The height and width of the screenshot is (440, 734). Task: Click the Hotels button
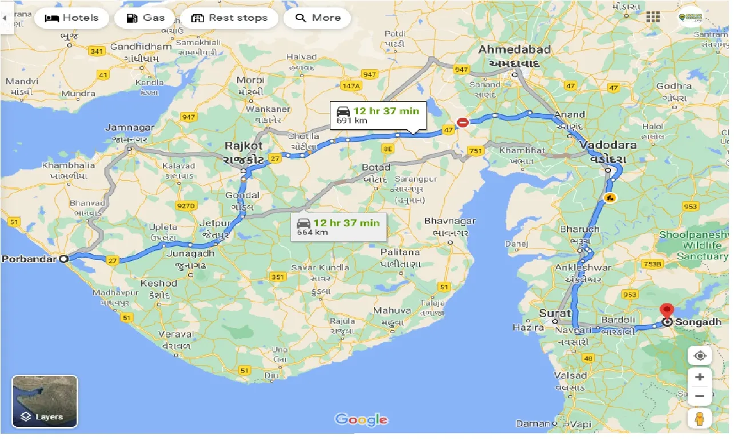[x=71, y=18]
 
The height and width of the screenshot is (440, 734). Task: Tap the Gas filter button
[x=145, y=18]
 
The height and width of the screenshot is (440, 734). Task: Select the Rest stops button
[x=229, y=18]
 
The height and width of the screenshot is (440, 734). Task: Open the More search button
[x=317, y=18]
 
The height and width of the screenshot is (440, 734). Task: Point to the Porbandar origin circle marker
[x=64, y=258]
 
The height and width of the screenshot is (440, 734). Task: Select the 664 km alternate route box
[x=338, y=227]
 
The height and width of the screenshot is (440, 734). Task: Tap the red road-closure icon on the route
[x=462, y=122]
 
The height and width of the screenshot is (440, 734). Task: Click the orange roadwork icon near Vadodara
[x=610, y=198]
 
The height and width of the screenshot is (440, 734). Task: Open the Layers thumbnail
[x=45, y=401]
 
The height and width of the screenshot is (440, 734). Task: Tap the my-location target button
[x=700, y=355]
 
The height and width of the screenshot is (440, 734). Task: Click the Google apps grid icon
[x=652, y=17]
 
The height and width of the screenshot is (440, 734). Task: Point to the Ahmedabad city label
[x=514, y=50]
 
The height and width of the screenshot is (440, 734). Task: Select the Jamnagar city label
[x=130, y=127]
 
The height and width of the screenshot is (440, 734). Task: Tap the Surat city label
[x=555, y=313]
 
